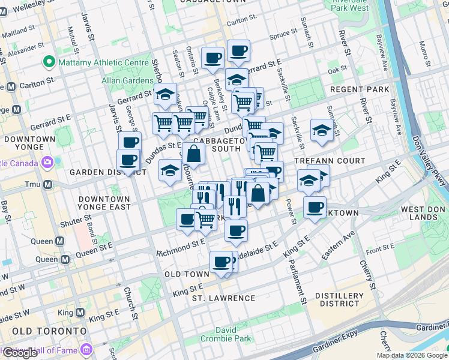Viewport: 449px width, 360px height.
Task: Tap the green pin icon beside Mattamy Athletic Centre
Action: (x=48, y=62)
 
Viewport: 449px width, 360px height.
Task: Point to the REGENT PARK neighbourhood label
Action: (x=360, y=89)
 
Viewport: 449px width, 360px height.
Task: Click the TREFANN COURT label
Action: (x=330, y=161)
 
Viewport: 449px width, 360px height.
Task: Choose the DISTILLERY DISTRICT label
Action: (x=339, y=299)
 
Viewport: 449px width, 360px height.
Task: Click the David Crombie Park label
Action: (x=235, y=334)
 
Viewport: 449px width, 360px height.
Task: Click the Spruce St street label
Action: (x=283, y=35)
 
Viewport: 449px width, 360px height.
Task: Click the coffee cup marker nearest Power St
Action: (x=314, y=207)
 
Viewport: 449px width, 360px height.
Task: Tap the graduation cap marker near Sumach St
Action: (x=322, y=130)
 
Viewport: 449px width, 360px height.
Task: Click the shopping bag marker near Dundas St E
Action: (x=194, y=154)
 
